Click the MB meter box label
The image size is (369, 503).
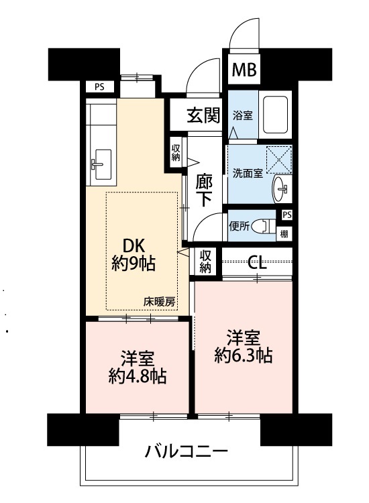click(244, 69)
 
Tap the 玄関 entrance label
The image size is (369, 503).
click(203, 115)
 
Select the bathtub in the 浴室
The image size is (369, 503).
click(275, 115)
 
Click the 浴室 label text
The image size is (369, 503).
click(243, 115)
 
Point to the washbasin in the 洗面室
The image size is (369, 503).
click(282, 189)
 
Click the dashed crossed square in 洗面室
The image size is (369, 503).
click(280, 160)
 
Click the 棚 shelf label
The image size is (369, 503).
click(284, 234)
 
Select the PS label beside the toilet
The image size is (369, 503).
click(287, 215)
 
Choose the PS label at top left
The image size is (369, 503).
click(99, 87)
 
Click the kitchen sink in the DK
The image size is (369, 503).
click(101, 164)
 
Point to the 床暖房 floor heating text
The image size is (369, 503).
click(159, 302)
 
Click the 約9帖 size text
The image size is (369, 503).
click(134, 264)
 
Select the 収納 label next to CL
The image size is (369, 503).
click(205, 262)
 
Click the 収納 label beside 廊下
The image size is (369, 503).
click(176, 153)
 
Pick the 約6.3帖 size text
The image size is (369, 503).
click(244, 355)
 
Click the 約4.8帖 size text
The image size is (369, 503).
click(138, 376)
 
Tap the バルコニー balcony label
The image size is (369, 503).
click(186, 451)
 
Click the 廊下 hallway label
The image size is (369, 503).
click(204, 190)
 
